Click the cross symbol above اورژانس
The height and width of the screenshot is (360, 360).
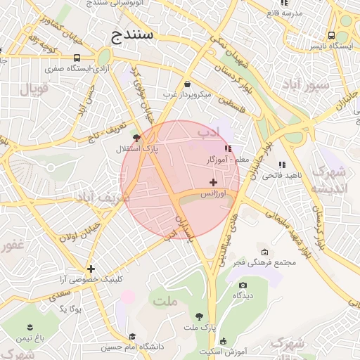tap(213, 182)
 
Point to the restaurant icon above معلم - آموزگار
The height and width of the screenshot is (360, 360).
tap(227, 148)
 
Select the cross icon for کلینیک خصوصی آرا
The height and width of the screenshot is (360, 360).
tap(91, 269)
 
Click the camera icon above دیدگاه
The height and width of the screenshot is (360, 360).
tap(243, 285)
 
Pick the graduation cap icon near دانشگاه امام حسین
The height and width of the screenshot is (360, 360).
tap(132, 336)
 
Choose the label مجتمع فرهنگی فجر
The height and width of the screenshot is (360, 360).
tap(270, 262)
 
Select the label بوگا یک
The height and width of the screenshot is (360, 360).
tap(71, 309)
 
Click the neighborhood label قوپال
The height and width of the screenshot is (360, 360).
tap(33, 89)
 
